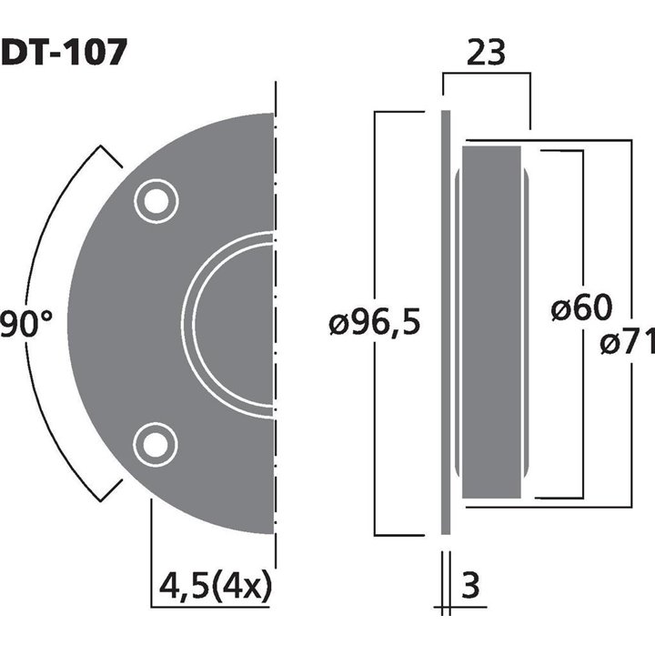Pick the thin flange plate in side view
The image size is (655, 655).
pos(446,323)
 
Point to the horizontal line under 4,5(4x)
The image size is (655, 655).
pos(211,607)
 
